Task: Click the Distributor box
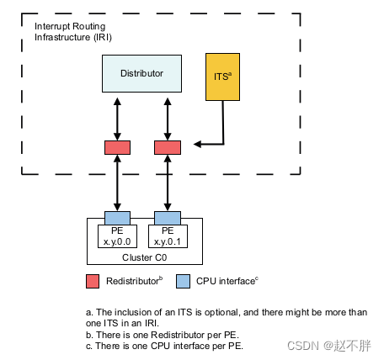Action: pos(141,73)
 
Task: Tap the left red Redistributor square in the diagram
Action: pos(117,147)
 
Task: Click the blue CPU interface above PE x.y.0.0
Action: pos(117,218)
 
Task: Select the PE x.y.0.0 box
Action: pos(117,236)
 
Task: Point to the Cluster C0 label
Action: pos(144,257)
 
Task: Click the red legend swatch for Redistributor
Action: pos(94,279)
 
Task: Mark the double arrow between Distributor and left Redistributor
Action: pos(117,116)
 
